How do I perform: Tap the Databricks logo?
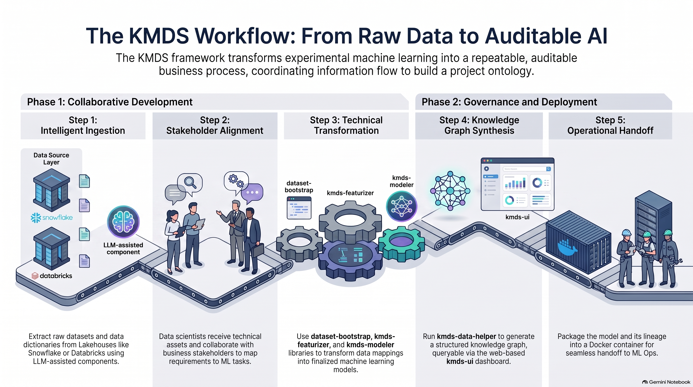click(x=52, y=276)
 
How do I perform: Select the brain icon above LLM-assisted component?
click(x=123, y=222)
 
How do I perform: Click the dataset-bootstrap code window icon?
click(x=299, y=208)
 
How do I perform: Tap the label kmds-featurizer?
click(x=350, y=193)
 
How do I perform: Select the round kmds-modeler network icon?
click(x=401, y=206)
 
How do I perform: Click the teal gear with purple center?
click(x=401, y=244)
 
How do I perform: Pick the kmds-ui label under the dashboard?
click(x=517, y=217)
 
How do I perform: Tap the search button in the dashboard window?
click(x=548, y=169)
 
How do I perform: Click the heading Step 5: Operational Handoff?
click(x=610, y=125)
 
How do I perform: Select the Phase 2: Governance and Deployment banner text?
click(x=509, y=102)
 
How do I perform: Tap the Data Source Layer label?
click(x=51, y=158)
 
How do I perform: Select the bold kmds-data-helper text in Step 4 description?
click(x=466, y=336)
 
